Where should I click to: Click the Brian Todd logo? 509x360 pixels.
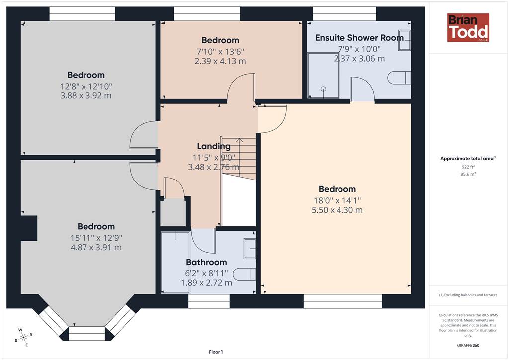[x=468, y=27]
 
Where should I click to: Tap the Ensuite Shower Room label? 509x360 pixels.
[x=359, y=38]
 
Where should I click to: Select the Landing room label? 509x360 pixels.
[x=214, y=146]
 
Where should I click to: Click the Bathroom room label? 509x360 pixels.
[x=206, y=262]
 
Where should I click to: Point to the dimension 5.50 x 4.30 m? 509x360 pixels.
[x=337, y=210]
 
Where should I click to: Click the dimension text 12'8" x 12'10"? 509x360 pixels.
[x=86, y=87]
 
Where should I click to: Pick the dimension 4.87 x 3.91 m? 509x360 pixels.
[x=96, y=247]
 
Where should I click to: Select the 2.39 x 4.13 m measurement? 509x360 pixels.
[x=220, y=61]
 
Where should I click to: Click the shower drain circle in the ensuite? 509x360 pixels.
[x=323, y=89]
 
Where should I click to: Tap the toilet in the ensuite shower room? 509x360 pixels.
[x=399, y=78]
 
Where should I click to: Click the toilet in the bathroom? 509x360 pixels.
[x=244, y=274]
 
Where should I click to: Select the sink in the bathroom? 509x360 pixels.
[x=250, y=248]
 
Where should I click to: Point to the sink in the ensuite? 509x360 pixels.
[x=404, y=40]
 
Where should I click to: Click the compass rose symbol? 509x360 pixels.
[x=23, y=338]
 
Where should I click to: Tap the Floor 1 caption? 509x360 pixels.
[x=216, y=352]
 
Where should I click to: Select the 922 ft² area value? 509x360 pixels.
[x=468, y=167]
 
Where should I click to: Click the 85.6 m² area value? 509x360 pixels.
[x=468, y=174]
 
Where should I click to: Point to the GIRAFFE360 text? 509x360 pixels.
[x=468, y=345]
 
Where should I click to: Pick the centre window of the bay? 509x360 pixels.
[x=87, y=334]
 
